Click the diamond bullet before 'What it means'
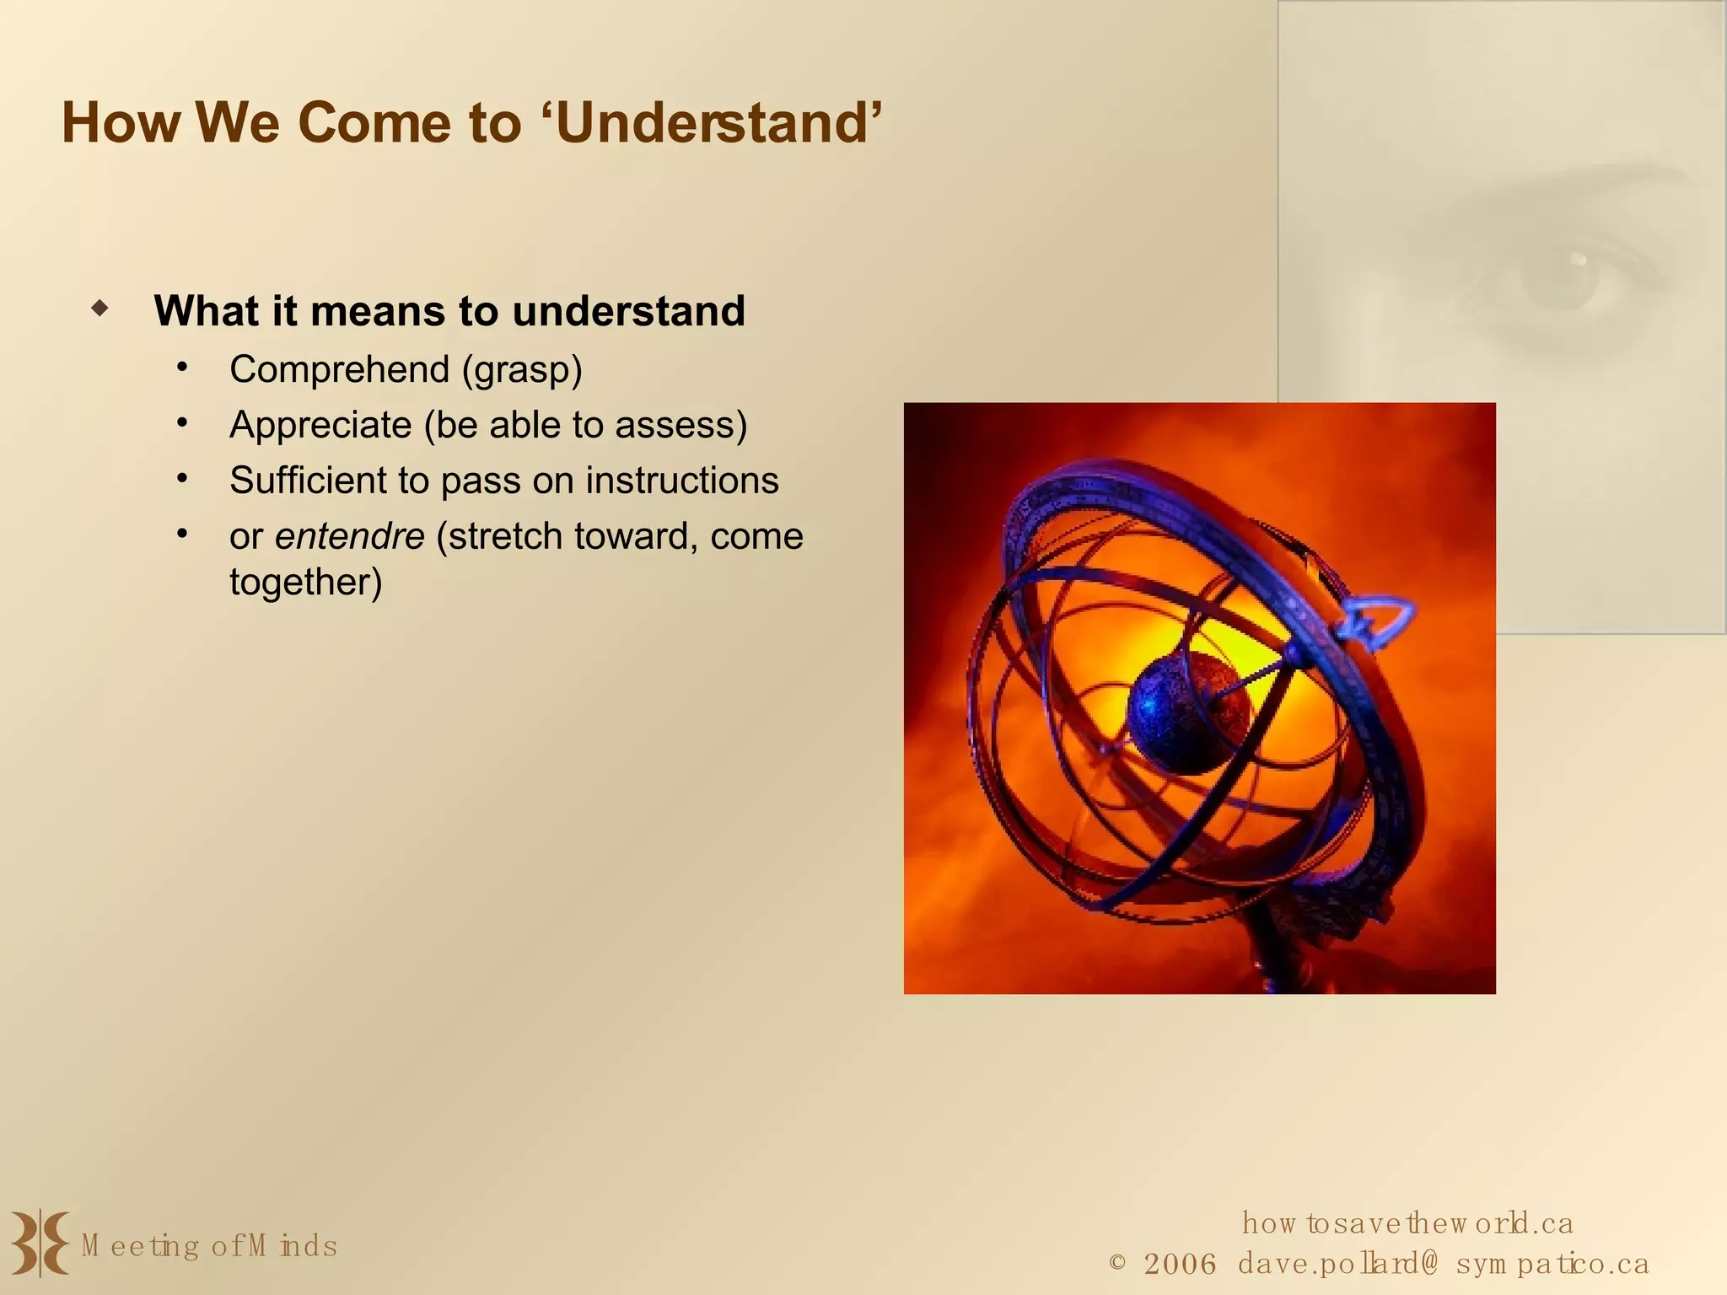100,308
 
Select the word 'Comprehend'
339,369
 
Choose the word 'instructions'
681,481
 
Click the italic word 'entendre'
349,536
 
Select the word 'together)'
305,583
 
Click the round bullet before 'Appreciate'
182,423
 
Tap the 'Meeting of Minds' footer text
209,1246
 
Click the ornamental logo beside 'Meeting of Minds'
39,1243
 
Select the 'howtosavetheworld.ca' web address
1407,1223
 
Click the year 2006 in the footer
1180,1264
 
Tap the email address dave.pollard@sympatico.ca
1443,1264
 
